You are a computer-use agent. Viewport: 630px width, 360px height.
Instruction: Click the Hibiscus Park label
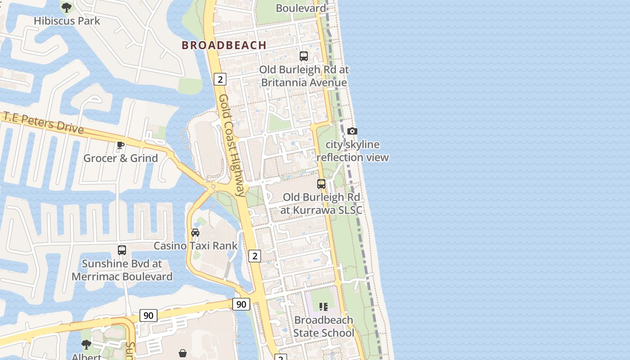pyautogui.click(x=67, y=21)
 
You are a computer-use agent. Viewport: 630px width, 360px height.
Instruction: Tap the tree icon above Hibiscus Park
pyautogui.click(x=67, y=8)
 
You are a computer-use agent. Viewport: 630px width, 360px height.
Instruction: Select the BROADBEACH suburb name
pyautogui.click(x=224, y=45)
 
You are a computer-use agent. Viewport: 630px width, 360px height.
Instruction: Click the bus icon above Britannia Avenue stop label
pyautogui.click(x=304, y=56)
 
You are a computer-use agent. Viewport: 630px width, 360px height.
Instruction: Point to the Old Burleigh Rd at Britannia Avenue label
pyautogui.click(x=304, y=76)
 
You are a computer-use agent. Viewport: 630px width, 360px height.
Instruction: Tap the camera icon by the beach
pyautogui.click(x=352, y=131)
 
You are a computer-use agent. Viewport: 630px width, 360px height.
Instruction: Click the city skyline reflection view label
pyautogui.click(x=352, y=151)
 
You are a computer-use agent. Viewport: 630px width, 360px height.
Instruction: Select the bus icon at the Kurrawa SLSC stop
pyautogui.click(x=321, y=184)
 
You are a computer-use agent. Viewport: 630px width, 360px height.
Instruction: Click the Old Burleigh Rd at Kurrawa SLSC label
pyautogui.click(x=321, y=203)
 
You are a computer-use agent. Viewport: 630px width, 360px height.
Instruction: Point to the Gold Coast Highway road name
pyautogui.click(x=232, y=145)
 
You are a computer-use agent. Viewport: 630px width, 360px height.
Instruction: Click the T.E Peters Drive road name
pyautogui.click(x=44, y=123)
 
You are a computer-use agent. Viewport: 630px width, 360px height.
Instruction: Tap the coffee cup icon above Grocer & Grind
pyautogui.click(x=120, y=145)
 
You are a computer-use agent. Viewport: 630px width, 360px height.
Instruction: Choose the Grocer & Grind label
pyautogui.click(x=121, y=158)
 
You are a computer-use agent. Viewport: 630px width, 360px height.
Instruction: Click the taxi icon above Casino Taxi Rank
pyautogui.click(x=195, y=233)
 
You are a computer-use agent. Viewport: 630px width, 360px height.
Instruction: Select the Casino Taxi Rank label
pyautogui.click(x=196, y=246)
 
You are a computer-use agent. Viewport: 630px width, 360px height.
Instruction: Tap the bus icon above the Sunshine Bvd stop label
pyautogui.click(x=122, y=250)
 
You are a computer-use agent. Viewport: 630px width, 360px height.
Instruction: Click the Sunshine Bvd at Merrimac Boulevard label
pyautogui.click(x=122, y=270)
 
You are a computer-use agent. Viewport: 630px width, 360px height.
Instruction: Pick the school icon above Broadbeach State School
pyautogui.click(x=324, y=307)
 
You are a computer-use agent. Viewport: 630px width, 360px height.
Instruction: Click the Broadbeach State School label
pyautogui.click(x=324, y=326)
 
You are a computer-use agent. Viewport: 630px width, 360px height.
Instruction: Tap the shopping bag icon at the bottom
pyautogui.click(x=183, y=353)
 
